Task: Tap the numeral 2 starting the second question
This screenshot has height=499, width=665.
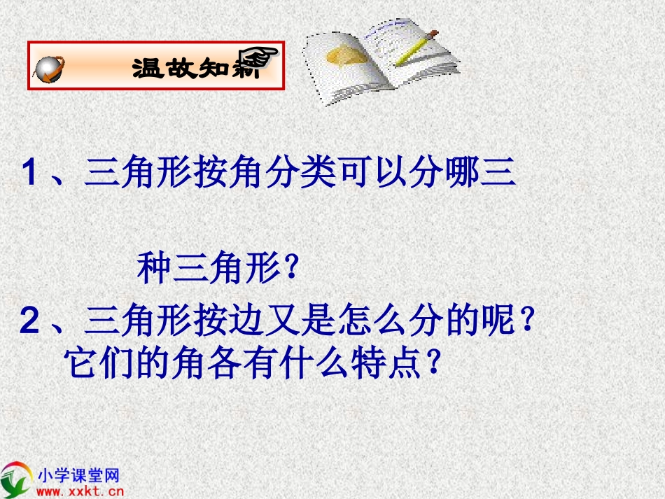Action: pyautogui.click(x=29, y=323)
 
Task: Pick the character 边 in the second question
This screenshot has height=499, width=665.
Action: pyautogui.click(x=222, y=323)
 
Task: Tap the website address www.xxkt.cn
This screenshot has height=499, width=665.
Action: pyautogui.click(x=74, y=491)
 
